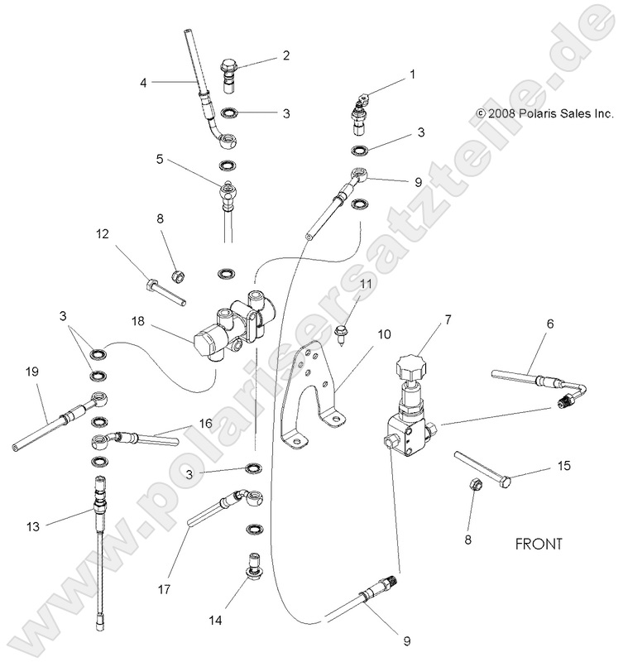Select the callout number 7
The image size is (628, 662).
[x=448, y=318]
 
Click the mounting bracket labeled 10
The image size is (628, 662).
[x=306, y=389]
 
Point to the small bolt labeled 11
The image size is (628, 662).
[x=341, y=331]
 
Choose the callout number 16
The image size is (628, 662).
[x=204, y=423]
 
